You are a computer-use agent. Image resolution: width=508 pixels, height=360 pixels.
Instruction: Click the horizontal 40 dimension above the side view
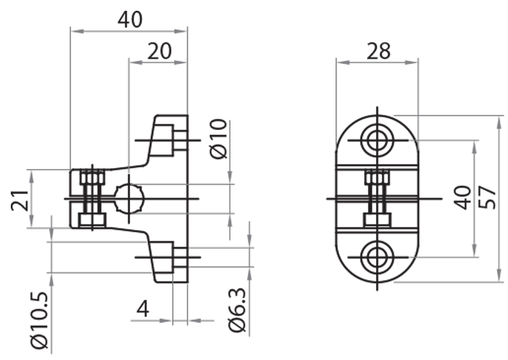click(130, 19)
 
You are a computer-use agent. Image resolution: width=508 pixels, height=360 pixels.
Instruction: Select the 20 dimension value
click(159, 51)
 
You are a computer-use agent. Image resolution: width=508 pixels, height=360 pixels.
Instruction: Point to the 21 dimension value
click(19, 199)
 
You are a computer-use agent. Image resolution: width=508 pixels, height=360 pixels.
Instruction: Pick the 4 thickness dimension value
click(144, 309)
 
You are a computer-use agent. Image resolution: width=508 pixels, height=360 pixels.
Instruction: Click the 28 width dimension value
click(378, 51)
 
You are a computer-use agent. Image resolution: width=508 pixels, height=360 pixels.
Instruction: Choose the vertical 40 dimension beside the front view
click(462, 197)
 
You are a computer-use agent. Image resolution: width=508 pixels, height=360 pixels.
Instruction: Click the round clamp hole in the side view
click(130, 198)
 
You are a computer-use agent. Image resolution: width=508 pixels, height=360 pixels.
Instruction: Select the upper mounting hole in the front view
click(377, 140)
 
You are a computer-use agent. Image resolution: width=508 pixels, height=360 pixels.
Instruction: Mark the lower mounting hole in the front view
click(377, 257)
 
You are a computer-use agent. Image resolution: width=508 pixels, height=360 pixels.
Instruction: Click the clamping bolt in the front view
click(377, 198)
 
